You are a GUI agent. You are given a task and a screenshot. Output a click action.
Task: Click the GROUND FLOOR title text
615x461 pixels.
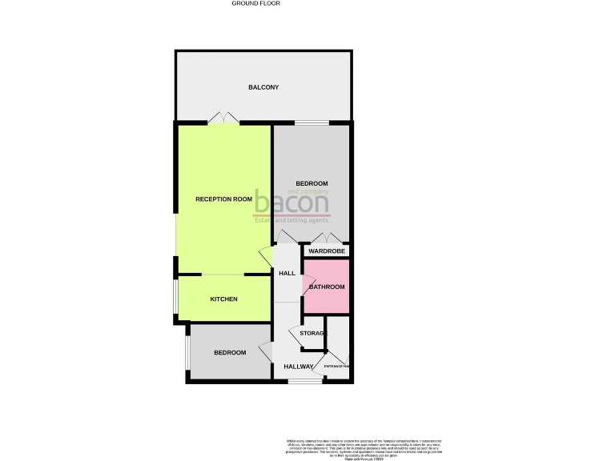[256, 3]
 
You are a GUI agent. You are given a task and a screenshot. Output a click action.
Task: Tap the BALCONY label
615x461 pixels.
[263, 87]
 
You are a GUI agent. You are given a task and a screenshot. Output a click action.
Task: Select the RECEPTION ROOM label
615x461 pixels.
[224, 198]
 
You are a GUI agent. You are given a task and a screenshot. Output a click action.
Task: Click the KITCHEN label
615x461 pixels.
[223, 299]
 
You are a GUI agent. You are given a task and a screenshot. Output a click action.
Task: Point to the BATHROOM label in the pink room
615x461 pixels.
[327, 287]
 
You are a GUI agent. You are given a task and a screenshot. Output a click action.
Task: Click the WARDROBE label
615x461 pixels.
[327, 251]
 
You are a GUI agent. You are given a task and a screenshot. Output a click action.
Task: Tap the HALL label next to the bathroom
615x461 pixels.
[287, 274]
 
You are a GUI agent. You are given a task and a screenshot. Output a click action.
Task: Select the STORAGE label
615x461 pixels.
[313, 333]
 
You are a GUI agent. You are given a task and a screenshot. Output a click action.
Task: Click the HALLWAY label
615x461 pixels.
[299, 367]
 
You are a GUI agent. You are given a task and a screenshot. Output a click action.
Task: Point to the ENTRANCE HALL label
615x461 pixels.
[337, 367]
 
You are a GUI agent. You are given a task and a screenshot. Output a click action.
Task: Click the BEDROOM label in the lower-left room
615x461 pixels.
[229, 353]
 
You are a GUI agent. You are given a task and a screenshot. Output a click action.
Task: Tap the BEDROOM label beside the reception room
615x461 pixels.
[312, 183]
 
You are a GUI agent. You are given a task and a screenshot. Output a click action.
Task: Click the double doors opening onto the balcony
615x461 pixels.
[223, 118]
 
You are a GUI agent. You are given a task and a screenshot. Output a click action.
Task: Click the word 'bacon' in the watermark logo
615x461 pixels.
[291, 202]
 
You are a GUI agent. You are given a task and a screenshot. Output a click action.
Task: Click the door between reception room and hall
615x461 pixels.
[266, 259]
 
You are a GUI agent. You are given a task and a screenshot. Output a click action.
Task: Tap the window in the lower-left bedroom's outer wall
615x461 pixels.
[187, 353]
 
